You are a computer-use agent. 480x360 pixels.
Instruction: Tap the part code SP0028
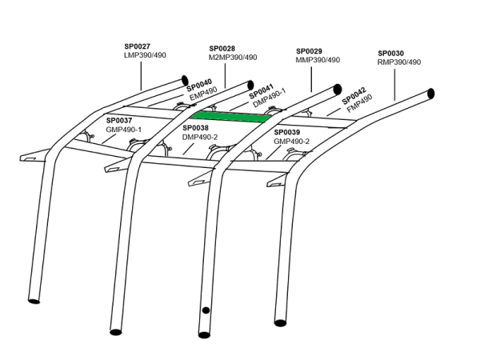click(x=222, y=48)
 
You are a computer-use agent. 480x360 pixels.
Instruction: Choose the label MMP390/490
click(x=318, y=59)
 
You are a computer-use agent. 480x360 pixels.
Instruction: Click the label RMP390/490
click(x=398, y=62)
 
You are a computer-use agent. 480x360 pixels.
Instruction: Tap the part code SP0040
click(x=199, y=84)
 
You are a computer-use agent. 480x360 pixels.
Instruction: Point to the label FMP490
click(x=360, y=105)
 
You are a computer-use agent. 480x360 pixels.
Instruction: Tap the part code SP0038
click(x=196, y=127)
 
